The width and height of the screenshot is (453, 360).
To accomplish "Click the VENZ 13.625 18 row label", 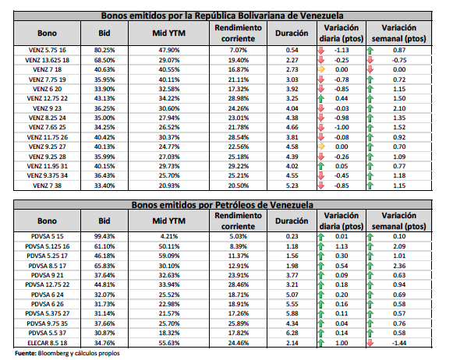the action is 47,60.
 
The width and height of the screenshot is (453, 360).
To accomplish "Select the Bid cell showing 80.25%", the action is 104,50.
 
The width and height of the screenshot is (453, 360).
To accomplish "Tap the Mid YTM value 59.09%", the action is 169,256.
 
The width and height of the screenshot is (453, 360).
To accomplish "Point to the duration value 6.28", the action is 292,333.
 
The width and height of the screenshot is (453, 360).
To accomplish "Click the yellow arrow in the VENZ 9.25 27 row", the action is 321,146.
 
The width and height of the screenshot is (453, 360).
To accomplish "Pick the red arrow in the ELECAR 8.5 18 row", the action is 370,343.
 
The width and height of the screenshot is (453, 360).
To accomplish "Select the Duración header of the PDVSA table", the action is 292,221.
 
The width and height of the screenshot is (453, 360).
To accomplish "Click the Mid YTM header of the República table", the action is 169,34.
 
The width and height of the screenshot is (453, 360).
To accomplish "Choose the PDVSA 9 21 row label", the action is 47,275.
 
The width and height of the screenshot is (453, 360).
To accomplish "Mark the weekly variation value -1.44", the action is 399,343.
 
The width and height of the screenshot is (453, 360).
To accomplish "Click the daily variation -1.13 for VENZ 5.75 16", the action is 342,50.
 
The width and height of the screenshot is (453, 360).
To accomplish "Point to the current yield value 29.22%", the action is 239,166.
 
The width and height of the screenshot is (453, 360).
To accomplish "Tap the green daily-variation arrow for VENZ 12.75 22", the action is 321,98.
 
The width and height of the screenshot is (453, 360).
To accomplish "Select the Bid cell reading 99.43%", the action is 104,236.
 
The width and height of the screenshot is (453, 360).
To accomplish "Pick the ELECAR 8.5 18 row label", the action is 47,343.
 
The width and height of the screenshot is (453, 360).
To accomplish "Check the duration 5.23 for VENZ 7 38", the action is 292,185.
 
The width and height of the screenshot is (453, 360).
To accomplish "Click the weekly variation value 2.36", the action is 399,266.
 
